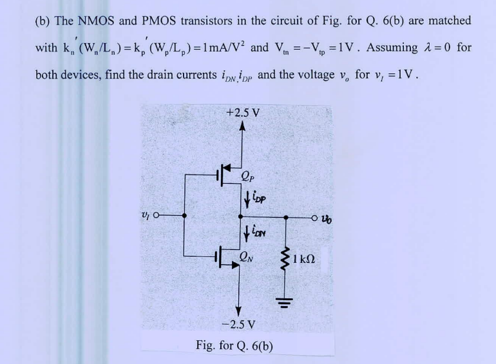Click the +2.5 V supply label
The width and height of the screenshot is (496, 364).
[243, 112]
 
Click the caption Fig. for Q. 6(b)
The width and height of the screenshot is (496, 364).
[234, 345]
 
